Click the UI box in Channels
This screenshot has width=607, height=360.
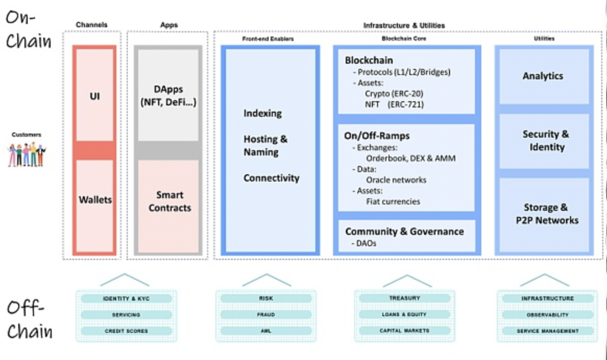pos(94,97)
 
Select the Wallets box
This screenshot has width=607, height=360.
pos(95,200)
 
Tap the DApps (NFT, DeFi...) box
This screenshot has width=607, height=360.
pos(168,96)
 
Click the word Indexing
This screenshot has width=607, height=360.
pos(262,113)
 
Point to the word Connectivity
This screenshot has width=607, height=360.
pos(271,178)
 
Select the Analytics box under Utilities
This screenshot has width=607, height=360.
pos(543,76)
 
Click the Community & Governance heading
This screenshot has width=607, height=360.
pos(404,231)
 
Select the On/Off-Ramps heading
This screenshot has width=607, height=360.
pos(377,136)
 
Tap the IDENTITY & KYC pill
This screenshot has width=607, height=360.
pos(126,298)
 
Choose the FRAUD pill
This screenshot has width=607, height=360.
pos(265,315)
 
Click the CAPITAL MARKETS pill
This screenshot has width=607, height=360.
pos(405,331)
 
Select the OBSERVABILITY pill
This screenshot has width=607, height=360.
pos(548,315)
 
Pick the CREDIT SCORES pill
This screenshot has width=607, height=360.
pos(126,331)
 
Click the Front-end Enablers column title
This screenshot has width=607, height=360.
pos(268,39)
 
